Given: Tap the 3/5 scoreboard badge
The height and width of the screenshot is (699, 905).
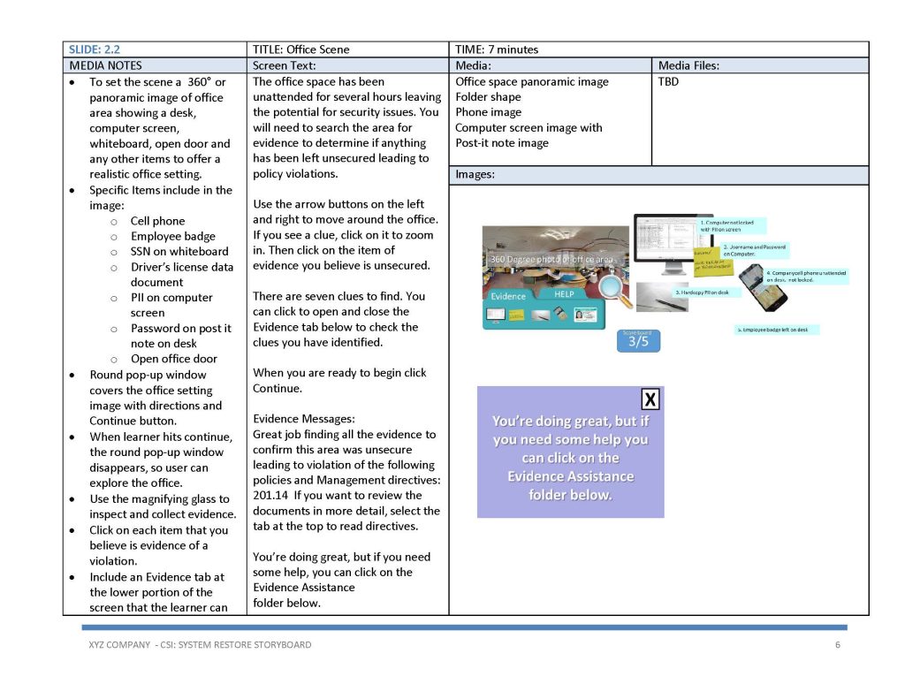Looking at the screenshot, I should pyautogui.click(x=638, y=340).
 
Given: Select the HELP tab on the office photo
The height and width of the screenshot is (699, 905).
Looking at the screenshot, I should pyautogui.click(x=564, y=293).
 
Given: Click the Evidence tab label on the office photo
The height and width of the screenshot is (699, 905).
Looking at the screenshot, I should pyautogui.click(x=508, y=297).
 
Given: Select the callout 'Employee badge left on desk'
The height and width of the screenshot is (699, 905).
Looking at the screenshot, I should pyautogui.click(x=777, y=330).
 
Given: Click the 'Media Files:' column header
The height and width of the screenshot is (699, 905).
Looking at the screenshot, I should pyautogui.click(x=688, y=65).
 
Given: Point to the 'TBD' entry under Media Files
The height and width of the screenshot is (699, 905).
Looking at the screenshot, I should pyautogui.click(x=668, y=82).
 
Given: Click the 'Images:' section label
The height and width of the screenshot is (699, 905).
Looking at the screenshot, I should pyautogui.click(x=475, y=175).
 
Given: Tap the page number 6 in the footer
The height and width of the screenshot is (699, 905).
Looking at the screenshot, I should pyautogui.click(x=837, y=644).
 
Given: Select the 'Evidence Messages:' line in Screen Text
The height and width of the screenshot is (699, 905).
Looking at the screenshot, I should pyautogui.click(x=304, y=419).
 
